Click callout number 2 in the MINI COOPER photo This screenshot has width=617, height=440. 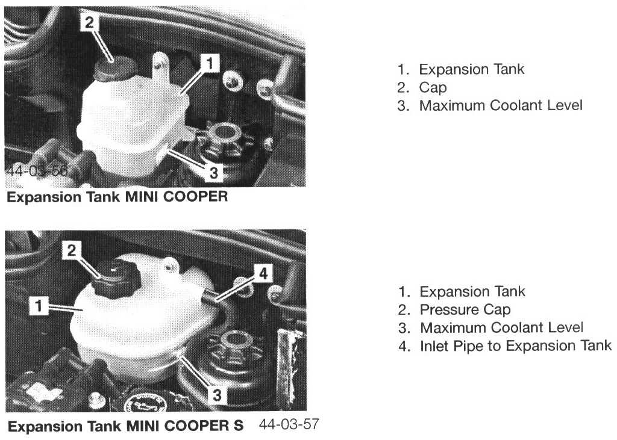click(89, 22)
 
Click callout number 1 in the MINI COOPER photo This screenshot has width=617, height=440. click(210, 63)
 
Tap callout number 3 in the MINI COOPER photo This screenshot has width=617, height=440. click(213, 172)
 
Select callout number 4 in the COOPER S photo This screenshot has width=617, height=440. click(263, 273)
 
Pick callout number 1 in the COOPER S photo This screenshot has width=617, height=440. click(39, 306)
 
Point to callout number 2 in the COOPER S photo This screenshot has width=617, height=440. click(71, 250)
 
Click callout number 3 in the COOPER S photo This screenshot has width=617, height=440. click(217, 395)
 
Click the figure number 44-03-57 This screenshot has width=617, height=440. click(289, 424)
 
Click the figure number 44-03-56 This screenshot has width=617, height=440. click(37, 171)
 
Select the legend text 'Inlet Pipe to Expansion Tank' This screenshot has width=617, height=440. click(516, 346)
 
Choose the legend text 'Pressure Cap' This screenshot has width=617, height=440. click(465, 310)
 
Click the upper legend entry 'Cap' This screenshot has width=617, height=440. click(433, 87)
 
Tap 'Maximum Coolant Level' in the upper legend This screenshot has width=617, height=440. click(501, 105)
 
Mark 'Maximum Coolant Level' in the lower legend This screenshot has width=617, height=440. click(502, 328)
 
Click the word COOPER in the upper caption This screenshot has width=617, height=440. click(195, 196)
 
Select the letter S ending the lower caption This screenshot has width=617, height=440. click(238, 426)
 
